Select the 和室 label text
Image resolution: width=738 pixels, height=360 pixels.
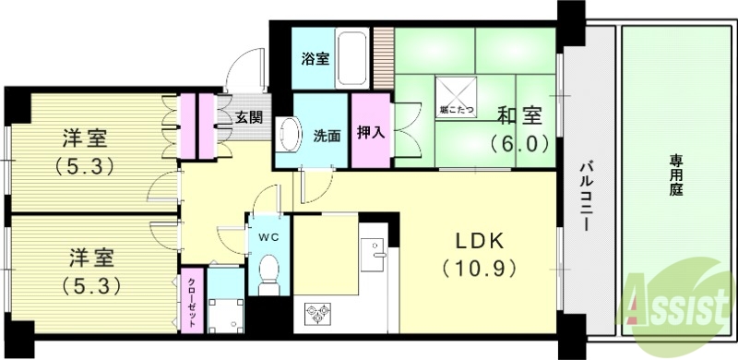pyautogui.click(x=520, y=117)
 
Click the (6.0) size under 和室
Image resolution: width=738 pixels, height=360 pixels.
pyautogui.click(x=520, y=144)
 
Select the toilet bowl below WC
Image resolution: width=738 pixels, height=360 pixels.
pyautogui.click(x=268, y=275)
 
